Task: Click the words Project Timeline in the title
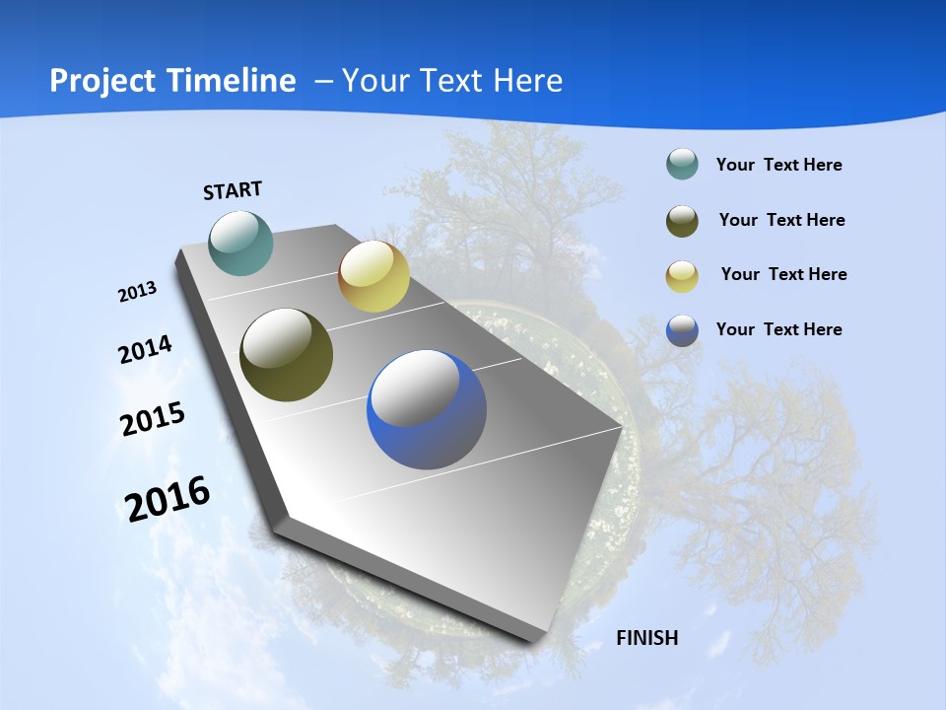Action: tap(172, 81)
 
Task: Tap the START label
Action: tap(233, 190)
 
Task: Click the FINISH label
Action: tap(647, 638)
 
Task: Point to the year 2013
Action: tap(137, 292)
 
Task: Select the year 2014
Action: tap(145, 350)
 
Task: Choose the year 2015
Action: tap(153, 419)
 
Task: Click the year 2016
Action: tap(168, 498)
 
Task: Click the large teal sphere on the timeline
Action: tap(241, 243)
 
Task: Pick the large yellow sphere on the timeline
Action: tap(373, 276)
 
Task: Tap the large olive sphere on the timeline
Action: tap(287, 355)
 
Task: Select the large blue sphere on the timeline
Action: tap(427, 409)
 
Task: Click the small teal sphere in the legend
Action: tap(682, 164)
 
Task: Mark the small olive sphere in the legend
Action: tap(682, 221)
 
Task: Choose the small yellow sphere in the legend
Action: tap(682, 276)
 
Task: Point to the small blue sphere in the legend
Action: tap(682, 330)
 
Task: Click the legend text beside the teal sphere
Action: tap(778, 165)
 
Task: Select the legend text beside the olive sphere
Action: tap(781, 220)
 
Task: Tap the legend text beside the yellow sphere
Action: tap(783, 274)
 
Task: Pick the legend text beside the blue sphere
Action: tap(778, 329)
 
